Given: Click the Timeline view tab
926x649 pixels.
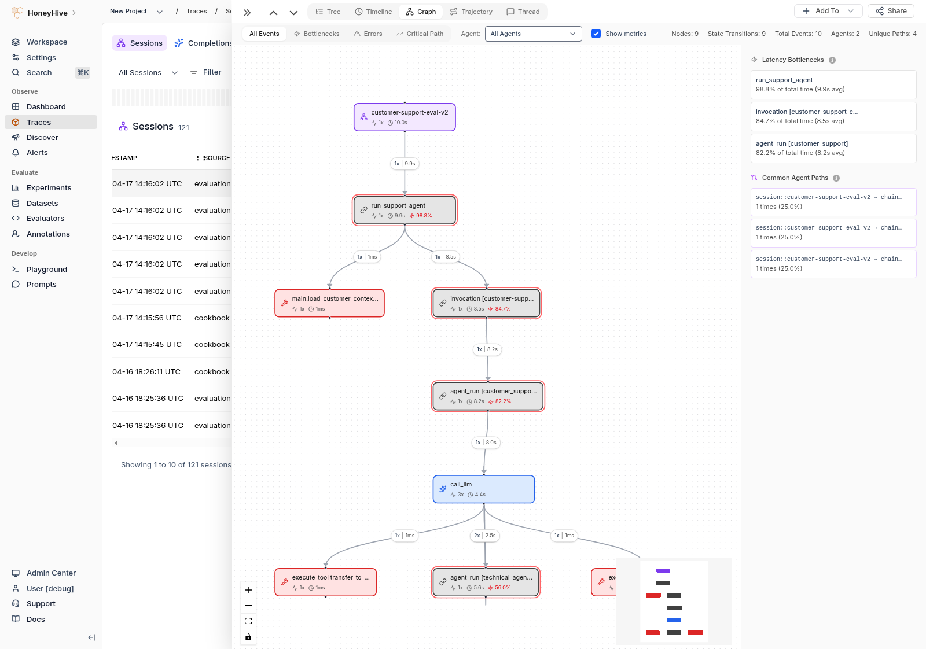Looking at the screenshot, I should [373, 12].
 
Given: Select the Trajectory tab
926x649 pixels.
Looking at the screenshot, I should [471, 12].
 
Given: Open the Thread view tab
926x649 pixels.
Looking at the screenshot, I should [523, 12].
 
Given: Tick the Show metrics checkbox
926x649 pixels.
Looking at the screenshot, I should [596, 34].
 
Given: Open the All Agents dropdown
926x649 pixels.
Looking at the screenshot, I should [533, 34].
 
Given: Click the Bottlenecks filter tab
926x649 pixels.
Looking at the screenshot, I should [317, 34].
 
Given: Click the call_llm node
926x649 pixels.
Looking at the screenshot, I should [483, 489].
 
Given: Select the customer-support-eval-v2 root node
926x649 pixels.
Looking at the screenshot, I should [405, 117].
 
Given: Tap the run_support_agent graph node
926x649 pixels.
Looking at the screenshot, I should [405, 210].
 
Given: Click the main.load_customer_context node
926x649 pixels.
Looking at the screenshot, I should [329, 303].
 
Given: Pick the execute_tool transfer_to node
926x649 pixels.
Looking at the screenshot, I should [325, 582].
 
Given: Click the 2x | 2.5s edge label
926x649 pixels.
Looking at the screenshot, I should [485, 536].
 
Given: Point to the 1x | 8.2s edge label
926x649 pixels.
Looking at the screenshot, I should [487, 349].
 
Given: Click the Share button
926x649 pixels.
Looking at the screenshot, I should [891, 11].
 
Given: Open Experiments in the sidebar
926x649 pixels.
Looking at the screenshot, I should [49, 188].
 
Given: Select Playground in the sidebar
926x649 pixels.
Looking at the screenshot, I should [46, 270].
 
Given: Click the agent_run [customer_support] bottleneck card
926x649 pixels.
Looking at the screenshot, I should [833, 148].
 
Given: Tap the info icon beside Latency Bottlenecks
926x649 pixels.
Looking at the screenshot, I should [832, 60].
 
